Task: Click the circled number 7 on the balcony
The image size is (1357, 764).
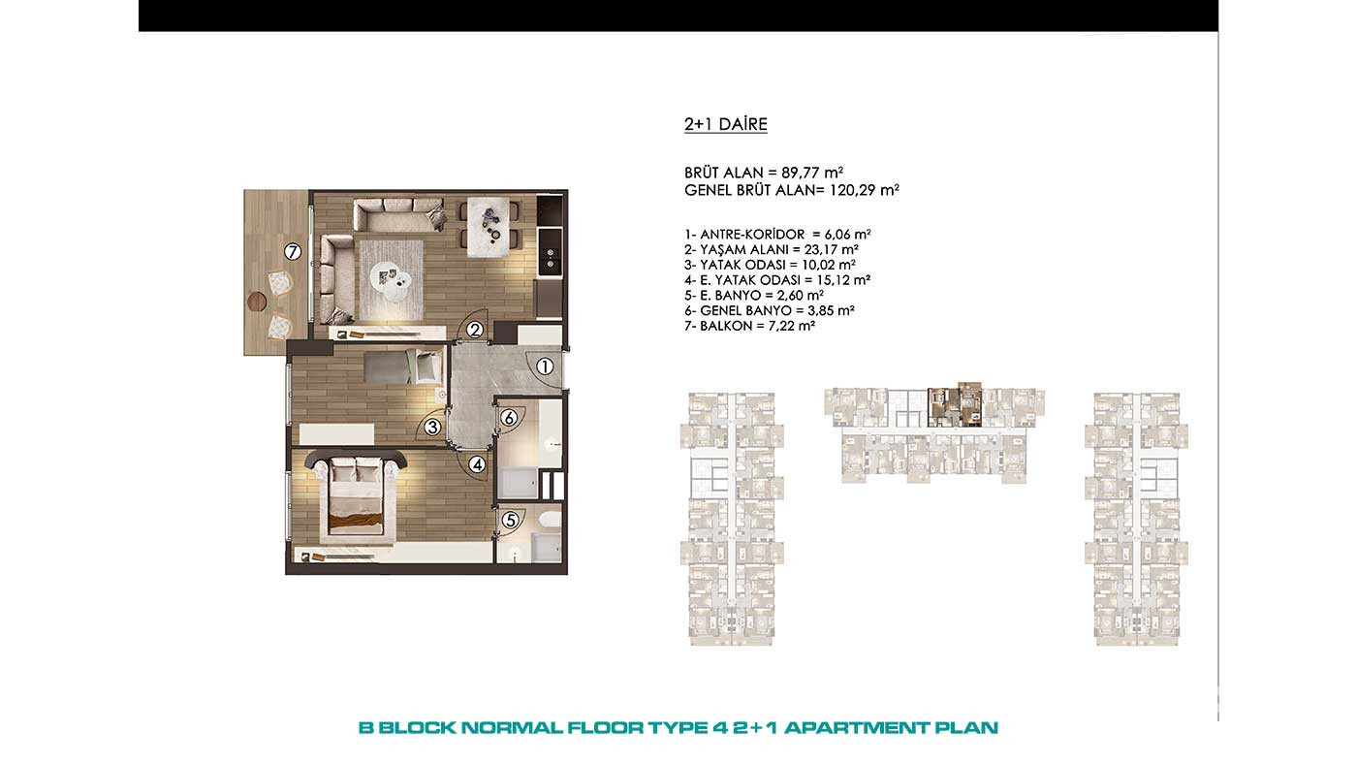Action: pyautogui.click(x=293, y=251)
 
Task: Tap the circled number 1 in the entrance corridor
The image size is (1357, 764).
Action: pyautogui.click(x=545, y=366)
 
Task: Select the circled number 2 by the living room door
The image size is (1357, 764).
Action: pyautogui.click(x=475, y=330)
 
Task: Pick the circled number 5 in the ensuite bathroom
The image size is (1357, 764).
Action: pyautogui.click(x=511, y=520)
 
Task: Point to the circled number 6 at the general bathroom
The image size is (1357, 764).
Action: pyautogui.click(x=509, y=418)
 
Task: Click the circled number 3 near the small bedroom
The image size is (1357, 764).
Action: pyautogui.click(x=432, y=428)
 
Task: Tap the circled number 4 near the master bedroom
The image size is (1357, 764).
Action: pyautogui.click(x=477, y=464)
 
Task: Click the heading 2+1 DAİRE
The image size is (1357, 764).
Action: pyautogui.click(x=726, y=124)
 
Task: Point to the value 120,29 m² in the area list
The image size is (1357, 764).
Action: pyautogui.click(x=865, y=190)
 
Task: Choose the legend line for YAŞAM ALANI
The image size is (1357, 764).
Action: pyautogui.click(x=772, y=249)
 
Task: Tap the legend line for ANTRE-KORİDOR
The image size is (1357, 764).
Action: pyautogui.click(x=777, y=235)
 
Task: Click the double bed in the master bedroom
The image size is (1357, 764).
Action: pyautogui.click(x=357, y=493)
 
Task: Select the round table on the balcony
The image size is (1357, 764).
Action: pyautogui.click(x=257, y=301)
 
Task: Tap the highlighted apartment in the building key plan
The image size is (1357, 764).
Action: pyautogui.click(x=955, y=404)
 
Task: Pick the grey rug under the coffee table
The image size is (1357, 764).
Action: pyautogui.click(x=392, y=279)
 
